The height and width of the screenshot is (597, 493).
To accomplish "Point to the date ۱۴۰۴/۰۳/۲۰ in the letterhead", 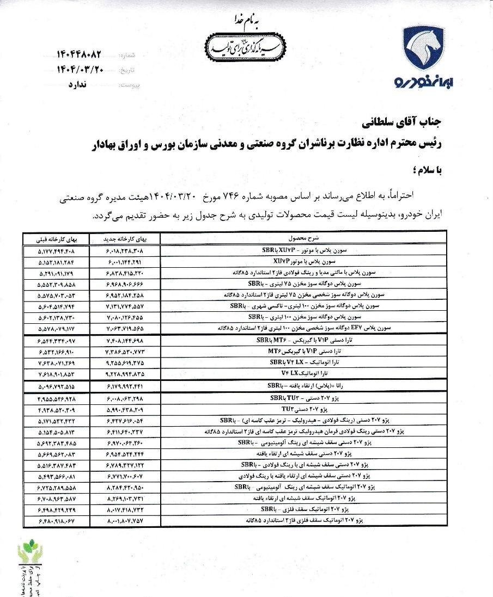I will coord(80,70).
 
